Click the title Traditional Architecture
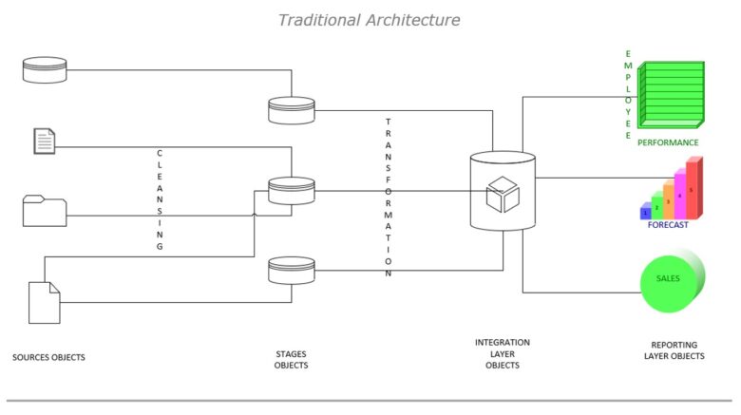[x=369, y=19]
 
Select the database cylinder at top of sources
[x=45, y=68]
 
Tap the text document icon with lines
[x=44, y=141]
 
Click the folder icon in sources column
[x=44, y=211]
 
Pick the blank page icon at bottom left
[x=44, y=302]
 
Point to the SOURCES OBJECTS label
[x=48, y=358]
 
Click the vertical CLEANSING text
[x=160, y=199]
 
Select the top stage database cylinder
[x=291, y=110]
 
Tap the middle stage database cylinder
[x=291, y=191]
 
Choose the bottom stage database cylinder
[x=291, y=271]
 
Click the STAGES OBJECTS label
[x=291, y=359]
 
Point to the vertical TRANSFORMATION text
[x=389, y=197]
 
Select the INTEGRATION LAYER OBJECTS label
[x=503, y=353]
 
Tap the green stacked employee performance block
[x=672, y=95]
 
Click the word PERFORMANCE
[x=668, y=142]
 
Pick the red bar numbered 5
[x=693, y=187]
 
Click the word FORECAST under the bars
[x=668, y=225]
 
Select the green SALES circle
[x=671, y=281]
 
